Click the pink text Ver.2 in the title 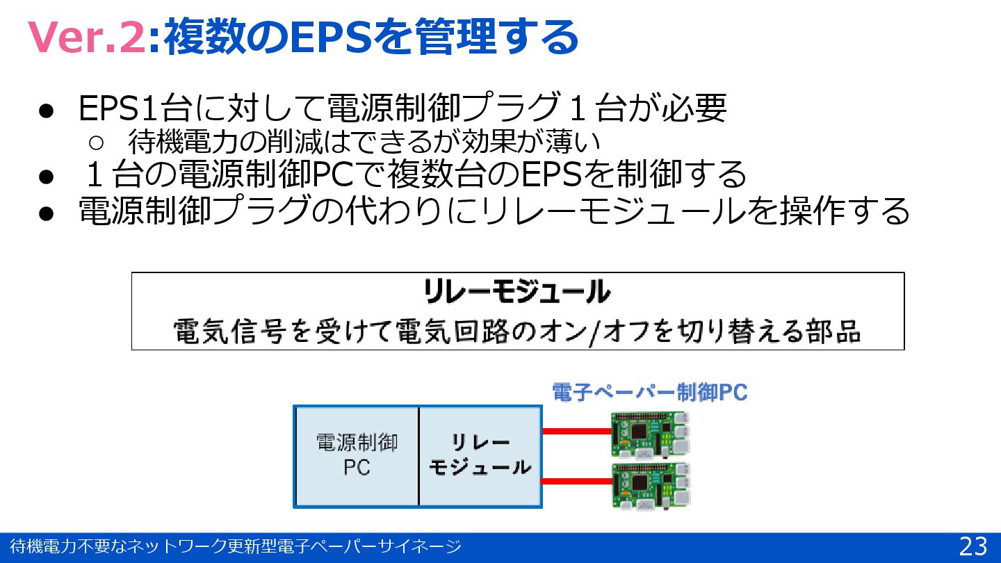pyautogui.click(x=85, y=38)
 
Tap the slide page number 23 pyautogui.click(x=972, y=547)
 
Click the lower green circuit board pyautogui.click(x=651, y=485)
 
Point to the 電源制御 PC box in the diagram pyautogui.click(x=357, y=456)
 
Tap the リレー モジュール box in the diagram pyautogui.click(x=480, y=456)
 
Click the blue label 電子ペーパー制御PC pyautogui.click(x=649, y=393)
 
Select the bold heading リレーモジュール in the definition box pyautogui.click(x=517, y=293)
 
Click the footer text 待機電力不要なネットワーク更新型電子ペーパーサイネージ pyautogui.click(x=236, y=547)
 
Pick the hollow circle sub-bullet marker pyautogui.click(x=97, y=142)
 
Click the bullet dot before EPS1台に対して pyautogui.click(x=46, y=111)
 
